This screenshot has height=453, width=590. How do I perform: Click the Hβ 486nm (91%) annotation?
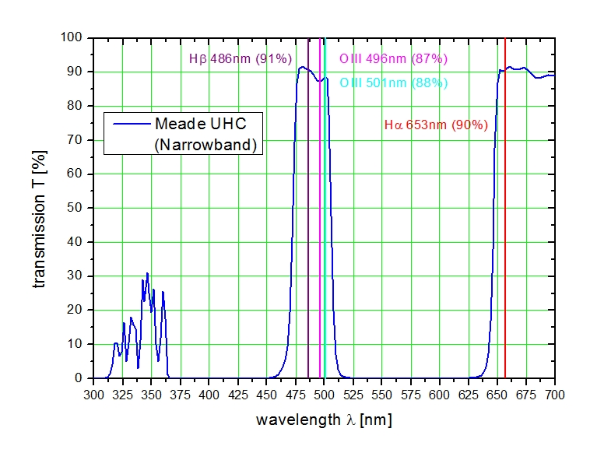tap(241, 58)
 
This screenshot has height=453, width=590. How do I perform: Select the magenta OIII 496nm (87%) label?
tap(393, 59)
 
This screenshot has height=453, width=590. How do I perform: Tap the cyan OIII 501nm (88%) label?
tap(393, 83)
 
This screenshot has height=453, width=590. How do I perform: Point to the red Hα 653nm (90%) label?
tap(436, 125)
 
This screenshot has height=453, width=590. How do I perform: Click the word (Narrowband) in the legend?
tap(205, 144)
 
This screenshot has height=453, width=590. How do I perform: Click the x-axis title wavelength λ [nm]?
tap(324, 420)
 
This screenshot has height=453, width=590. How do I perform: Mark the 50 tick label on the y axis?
tap(77, 208)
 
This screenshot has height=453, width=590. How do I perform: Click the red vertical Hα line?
tap(505, 234)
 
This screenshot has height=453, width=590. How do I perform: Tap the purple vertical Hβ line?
tap(308, 234)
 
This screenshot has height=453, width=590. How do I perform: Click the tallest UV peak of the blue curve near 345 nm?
tap(147, 273)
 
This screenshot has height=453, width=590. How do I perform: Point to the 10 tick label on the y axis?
tap(77, 344)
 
